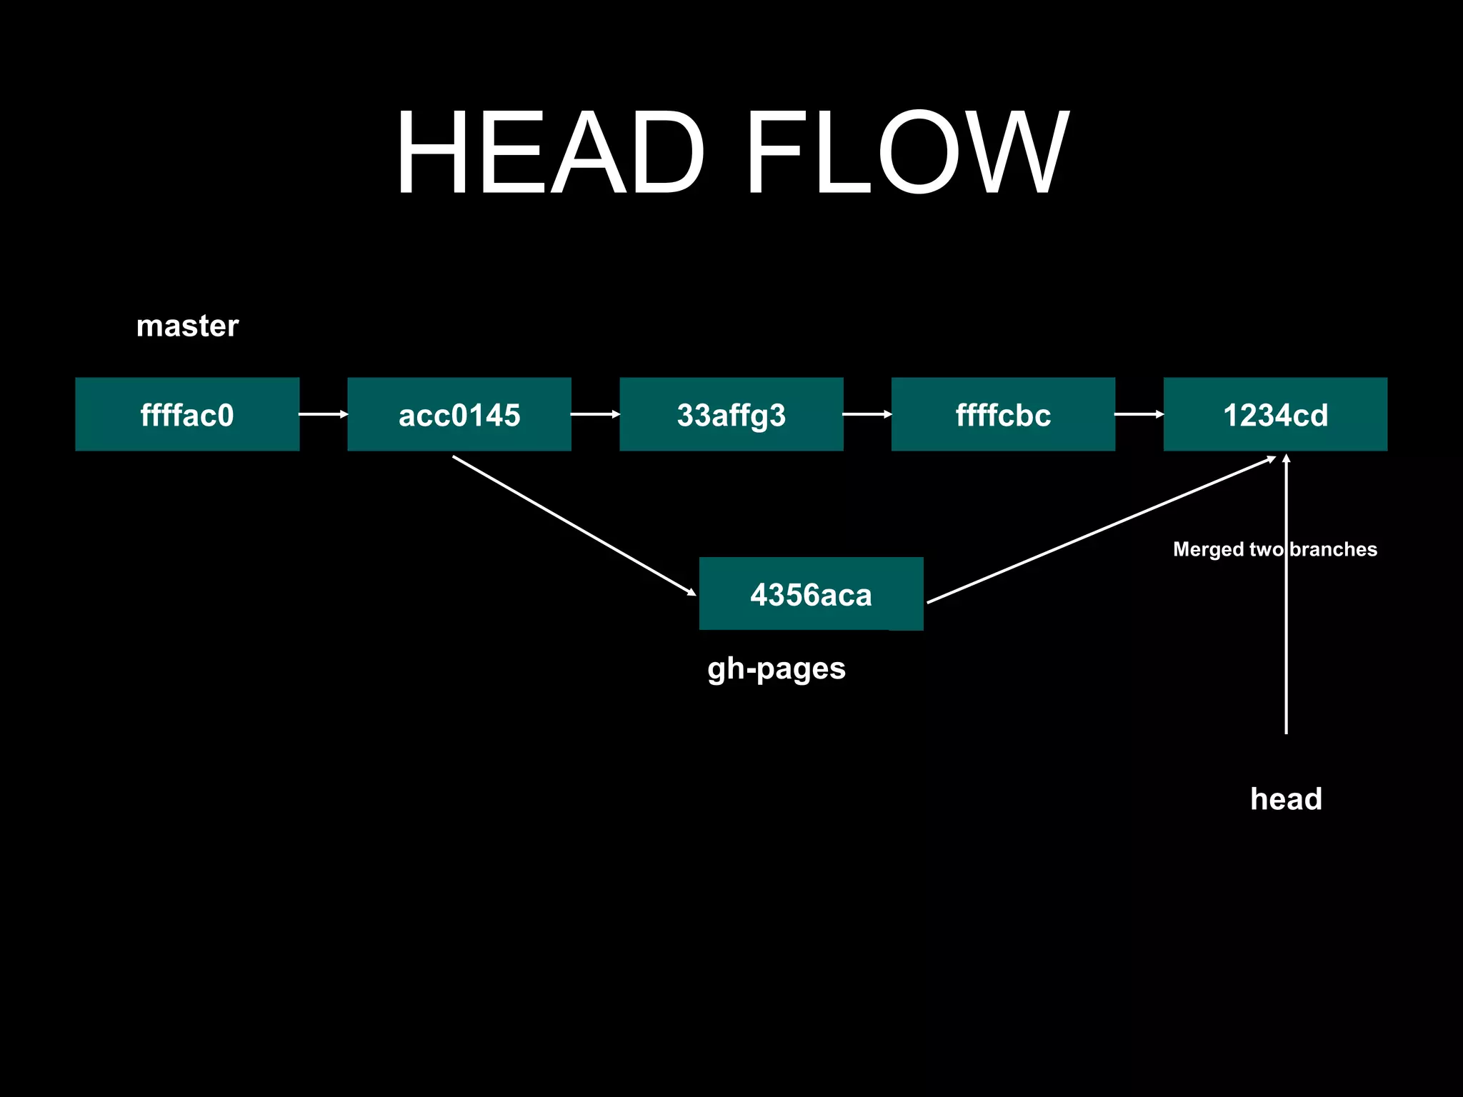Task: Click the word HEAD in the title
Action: click(550, 152)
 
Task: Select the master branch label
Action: click(187, 326)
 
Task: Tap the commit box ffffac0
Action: click(187, 414)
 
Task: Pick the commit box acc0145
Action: click(459, 414)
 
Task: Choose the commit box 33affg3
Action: click(731, 414)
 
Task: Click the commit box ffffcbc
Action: click(1003, 414)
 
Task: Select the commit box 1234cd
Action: click(1275, 414)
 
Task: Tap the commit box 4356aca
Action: click(811, 593)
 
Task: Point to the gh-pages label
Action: click(777, 669)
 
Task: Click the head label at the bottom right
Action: click(1286, 798)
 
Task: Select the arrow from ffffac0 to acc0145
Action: click(323, 414)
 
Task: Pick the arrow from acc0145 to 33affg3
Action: click(595, 414)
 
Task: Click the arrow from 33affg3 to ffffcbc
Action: click(867, 414)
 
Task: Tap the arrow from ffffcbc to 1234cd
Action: click(1139, 414)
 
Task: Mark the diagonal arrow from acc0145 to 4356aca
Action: click(574, 526)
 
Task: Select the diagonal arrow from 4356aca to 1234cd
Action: click(1100, 530)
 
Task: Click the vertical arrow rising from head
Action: click(1286, 643)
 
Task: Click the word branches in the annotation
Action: click(1334, 549)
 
